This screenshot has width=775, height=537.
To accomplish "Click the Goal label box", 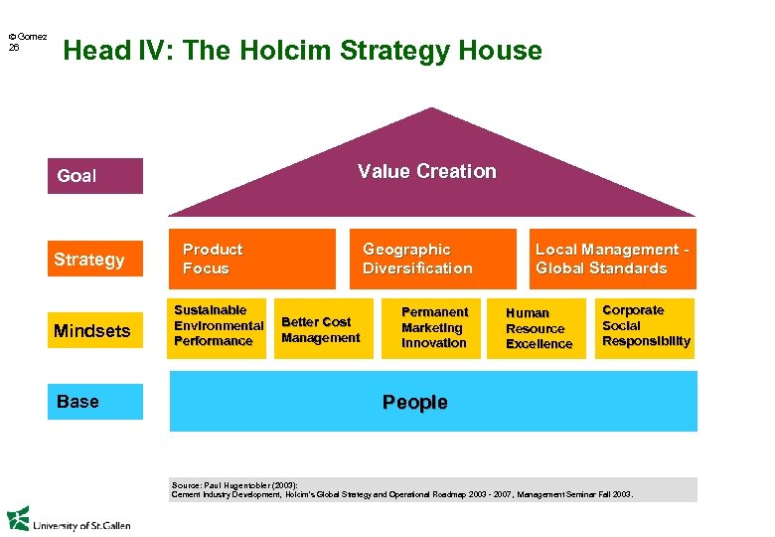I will click(x=94, y=176).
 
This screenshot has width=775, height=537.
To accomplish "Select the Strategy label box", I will click(x=94, y=260).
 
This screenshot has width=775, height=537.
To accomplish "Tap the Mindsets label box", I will click(x=94, y=330).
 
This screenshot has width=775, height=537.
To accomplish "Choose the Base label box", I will click(x=94, y=402).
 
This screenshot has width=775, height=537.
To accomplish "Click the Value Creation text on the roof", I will click(x=427, y=172).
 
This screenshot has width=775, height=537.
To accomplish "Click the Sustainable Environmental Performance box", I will click(x=218, y=326).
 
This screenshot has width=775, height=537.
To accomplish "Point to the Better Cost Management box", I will click(x=321, y=329).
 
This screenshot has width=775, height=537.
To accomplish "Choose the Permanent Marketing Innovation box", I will click(x=434, y=327).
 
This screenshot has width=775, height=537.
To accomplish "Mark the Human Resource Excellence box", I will click(x=540, y=328).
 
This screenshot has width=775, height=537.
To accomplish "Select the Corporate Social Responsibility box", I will click(x=646, y=326).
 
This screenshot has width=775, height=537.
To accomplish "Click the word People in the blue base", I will click(x=415, y=403).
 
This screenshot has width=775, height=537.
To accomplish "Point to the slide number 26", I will click(x=14, y=47).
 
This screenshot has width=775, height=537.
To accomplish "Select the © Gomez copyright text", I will click(x=27, y=37).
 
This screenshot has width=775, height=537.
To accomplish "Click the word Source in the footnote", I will click(x=186, y=484).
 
